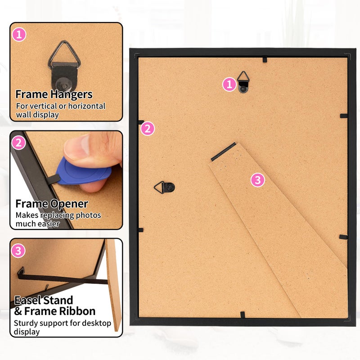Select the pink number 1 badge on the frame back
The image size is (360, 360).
(x=229, y=84)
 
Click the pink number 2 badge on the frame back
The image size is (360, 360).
(x=148, y=128)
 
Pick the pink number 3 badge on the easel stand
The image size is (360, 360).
(x=257, y=180)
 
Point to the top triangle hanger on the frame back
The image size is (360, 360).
(x=243, y=82)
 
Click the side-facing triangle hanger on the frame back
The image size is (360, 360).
(x=164, y=187)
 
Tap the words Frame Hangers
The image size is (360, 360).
(x=54, y=94)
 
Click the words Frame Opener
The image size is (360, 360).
(x=52, y=204)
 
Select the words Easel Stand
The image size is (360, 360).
(x=44, y=300)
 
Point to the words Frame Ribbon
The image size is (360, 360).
(x=60, y=311)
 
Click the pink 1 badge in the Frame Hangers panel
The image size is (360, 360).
(x=19, y=35)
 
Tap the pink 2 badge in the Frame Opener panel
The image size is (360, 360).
(x=18, y=143)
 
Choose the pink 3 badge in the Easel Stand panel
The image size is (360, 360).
(x=18, y=251)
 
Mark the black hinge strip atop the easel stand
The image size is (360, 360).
(x=223, y=152)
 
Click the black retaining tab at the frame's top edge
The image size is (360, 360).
(x=265, y=59)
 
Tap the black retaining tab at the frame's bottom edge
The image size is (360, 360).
(x=243, y=315)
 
